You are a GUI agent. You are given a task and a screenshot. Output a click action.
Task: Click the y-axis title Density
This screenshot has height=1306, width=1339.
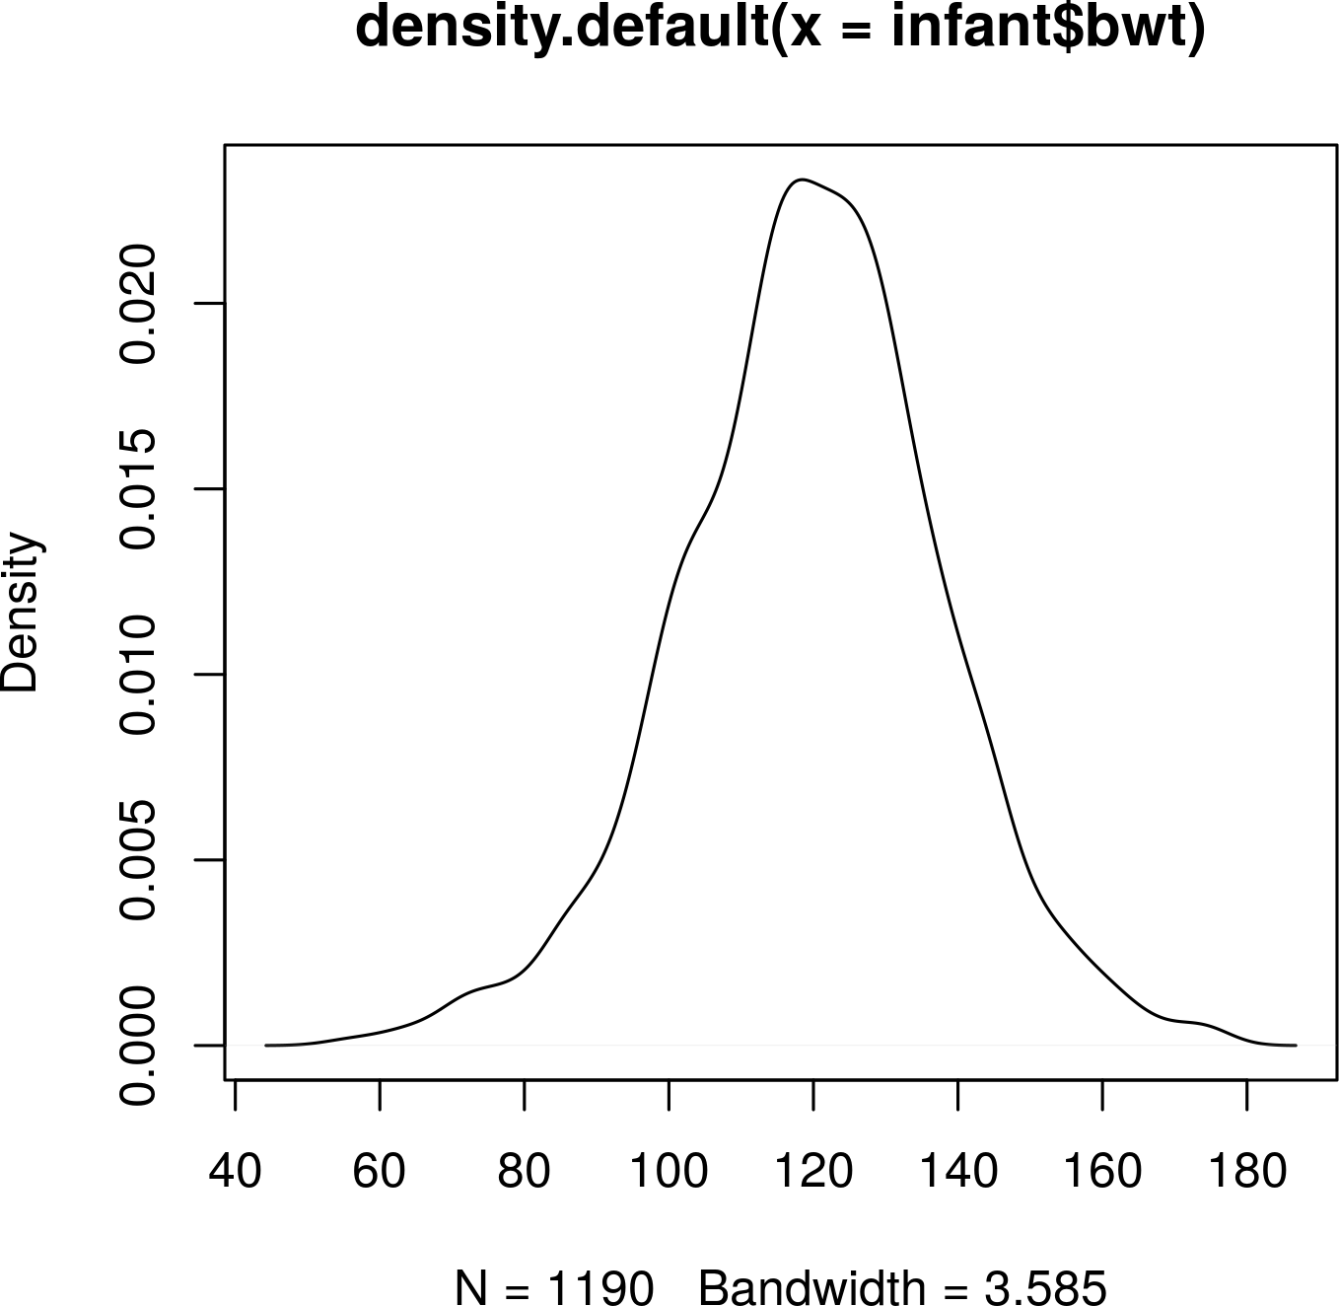point(21,612)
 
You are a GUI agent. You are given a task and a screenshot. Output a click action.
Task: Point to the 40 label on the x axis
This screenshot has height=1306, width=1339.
point(235,1171)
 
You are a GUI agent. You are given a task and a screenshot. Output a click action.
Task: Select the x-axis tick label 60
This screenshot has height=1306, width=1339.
point(380,1171)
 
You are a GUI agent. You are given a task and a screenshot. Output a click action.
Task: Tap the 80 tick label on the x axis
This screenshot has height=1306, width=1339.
point(524,1171)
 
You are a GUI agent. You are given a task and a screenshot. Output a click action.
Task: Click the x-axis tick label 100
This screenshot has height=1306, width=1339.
point(669,1171)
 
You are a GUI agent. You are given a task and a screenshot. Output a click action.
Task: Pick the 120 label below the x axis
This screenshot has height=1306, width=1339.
point(812,1171)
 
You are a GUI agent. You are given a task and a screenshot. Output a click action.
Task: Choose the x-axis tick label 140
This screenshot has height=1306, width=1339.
point(957,1171)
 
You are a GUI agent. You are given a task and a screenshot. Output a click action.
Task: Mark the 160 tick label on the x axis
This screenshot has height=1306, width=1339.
point(1102,1171)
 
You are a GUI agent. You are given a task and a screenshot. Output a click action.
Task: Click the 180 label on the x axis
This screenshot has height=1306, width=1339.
point(1246,1171)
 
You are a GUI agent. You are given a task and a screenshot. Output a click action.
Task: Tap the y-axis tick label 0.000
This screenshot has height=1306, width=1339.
point(139,1045)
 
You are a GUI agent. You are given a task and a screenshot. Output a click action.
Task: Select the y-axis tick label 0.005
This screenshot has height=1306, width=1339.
point(139,859)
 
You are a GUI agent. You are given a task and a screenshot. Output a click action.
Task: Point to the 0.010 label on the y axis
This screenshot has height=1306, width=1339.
point(139,674)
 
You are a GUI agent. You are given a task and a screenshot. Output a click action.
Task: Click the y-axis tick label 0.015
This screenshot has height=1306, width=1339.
point(139,488)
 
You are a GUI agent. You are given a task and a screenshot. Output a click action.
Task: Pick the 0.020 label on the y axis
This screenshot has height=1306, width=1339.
point(139,303)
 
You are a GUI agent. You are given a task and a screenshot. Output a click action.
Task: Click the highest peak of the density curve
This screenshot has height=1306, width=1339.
point(804,180)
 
